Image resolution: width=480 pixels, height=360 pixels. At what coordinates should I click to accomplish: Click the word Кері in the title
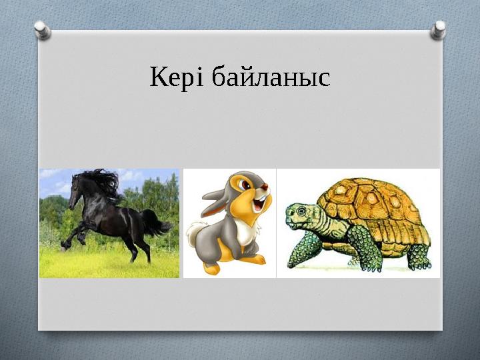click(x=176, y=79)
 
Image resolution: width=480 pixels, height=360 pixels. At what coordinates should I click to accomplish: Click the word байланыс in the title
click(x=269, y=79)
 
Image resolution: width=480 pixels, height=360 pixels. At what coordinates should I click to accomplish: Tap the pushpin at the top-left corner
click(x=42, y=29)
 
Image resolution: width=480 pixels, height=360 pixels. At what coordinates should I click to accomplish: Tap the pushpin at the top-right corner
click(x=439, y=29)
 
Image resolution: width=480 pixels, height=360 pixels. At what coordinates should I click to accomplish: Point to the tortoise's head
click(x=299, y=217)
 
